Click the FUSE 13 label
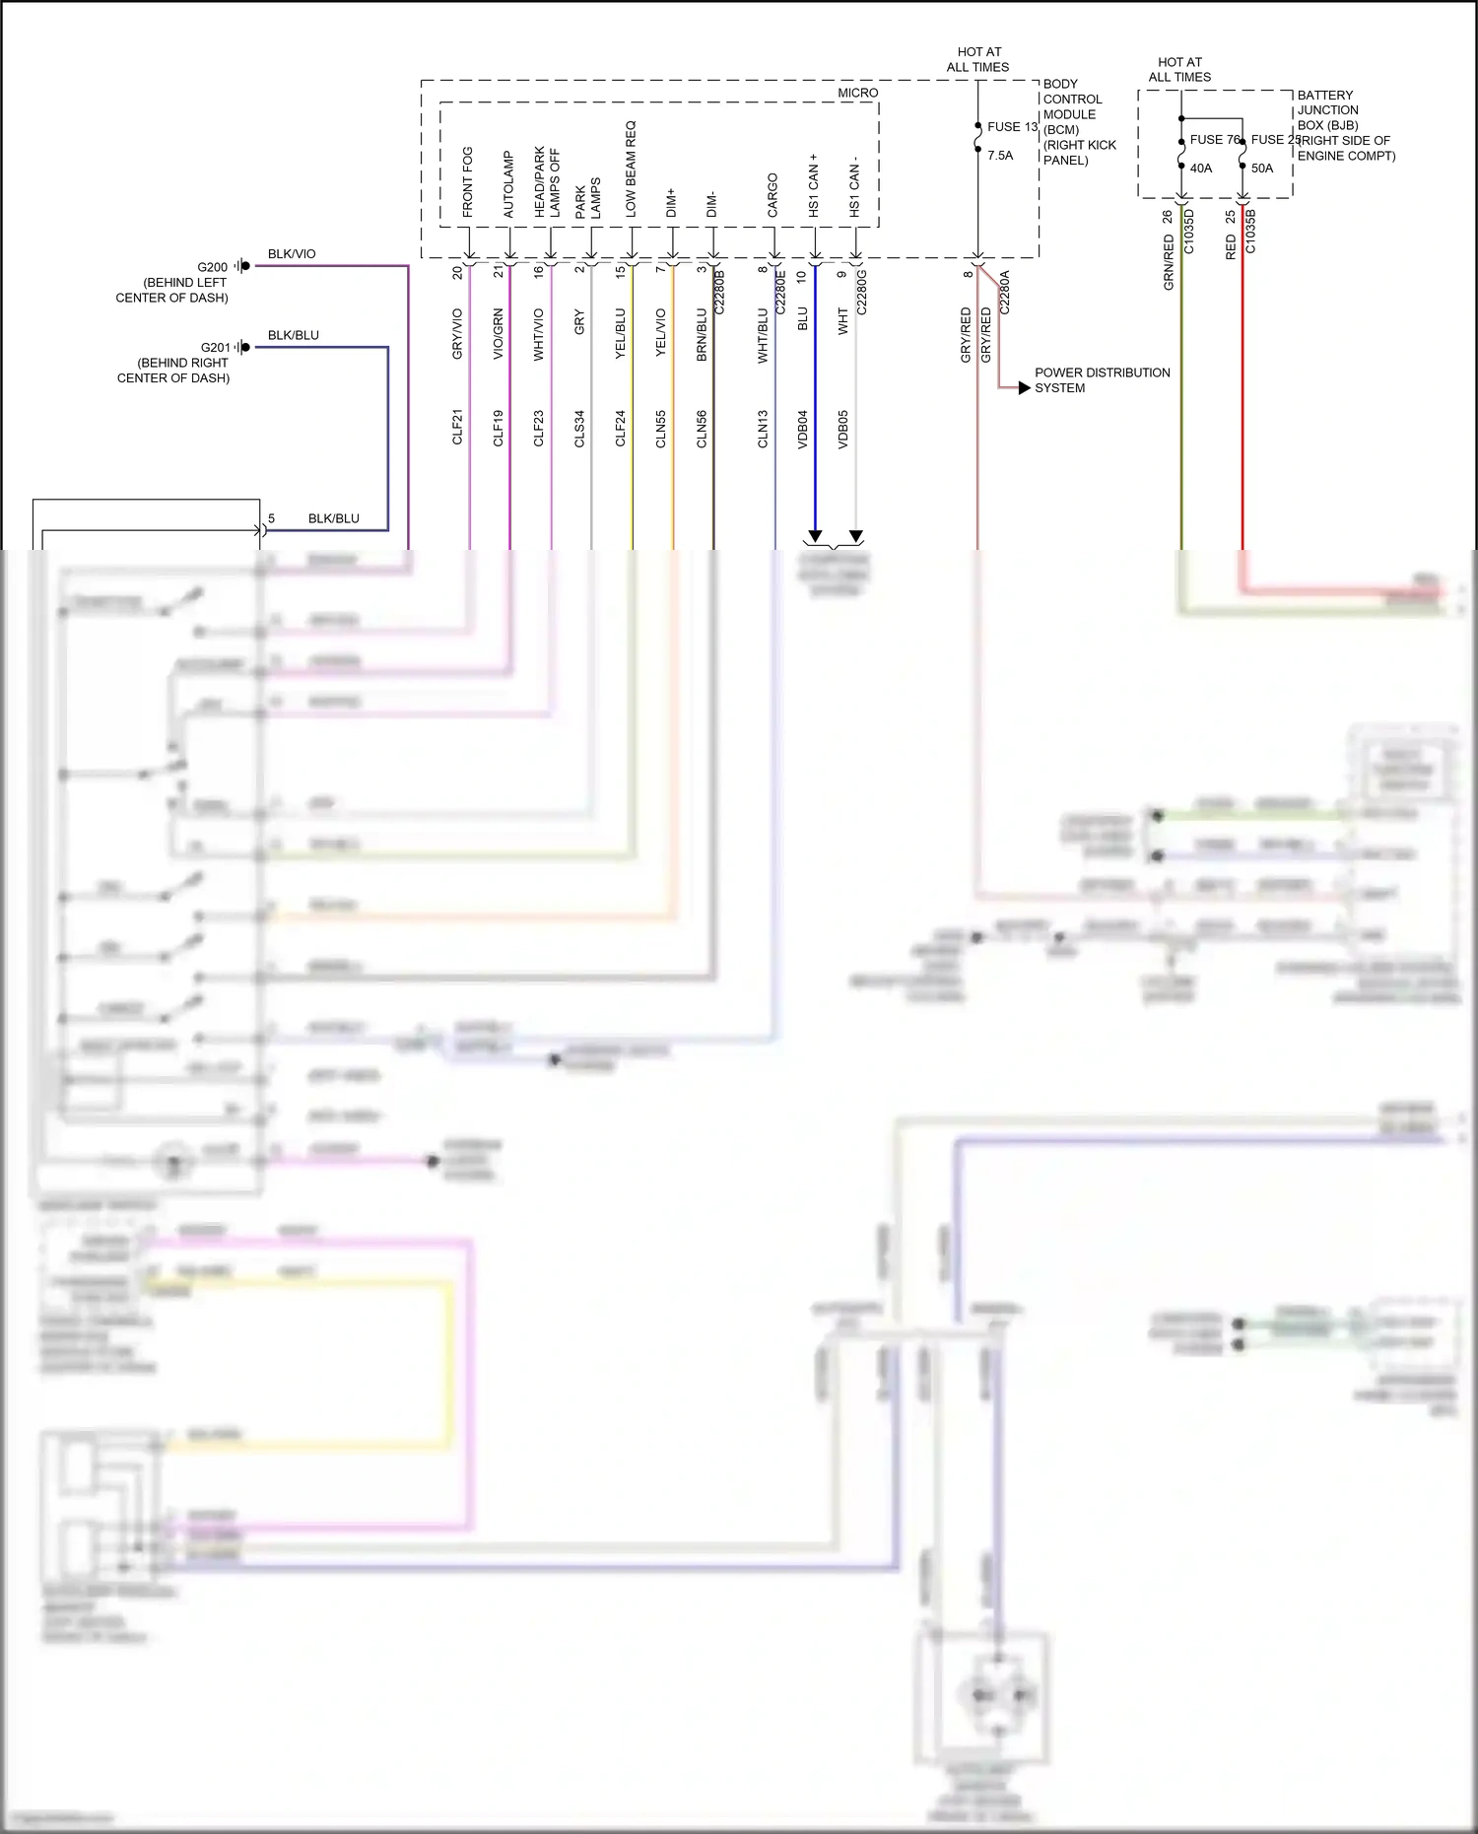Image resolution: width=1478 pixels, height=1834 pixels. (x=1012, y=127)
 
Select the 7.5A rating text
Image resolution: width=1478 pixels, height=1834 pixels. (x=1000, y=156)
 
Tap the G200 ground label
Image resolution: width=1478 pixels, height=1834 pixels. (x=212, y=267)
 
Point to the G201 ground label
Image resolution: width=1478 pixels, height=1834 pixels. (x=215, y=348)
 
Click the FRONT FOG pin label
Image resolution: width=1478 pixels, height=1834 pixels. (x=467, y=182)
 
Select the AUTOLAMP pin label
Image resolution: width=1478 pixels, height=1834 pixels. (x=508, y=184)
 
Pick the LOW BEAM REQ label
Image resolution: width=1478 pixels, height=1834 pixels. (x=631, y=170)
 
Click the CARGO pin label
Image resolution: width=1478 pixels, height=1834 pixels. (x=773, y=195)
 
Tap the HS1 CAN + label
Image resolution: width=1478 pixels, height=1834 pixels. (x=814, y=185)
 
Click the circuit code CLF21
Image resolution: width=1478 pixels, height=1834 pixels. (x=457, y=428)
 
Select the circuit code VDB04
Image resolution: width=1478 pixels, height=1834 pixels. (x=802, y=430)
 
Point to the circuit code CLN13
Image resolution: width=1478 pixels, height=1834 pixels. (x=763, y=430)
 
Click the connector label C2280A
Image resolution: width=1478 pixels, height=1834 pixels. (x=1004, y=293)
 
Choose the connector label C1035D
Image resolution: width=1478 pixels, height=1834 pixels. (x=1188, y=232)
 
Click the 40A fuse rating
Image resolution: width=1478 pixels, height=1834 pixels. (x=1201, y=169)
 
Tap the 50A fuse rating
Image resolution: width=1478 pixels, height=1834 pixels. (x=1262, y=169)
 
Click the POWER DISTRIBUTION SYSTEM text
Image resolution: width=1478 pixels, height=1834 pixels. (x=1102, y=380)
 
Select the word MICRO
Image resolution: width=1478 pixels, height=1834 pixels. (x=857, y=93)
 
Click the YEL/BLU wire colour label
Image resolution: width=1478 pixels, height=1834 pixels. (x=621, y=334)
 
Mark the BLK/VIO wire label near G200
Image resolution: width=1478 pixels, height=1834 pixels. (x=292, y=254)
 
